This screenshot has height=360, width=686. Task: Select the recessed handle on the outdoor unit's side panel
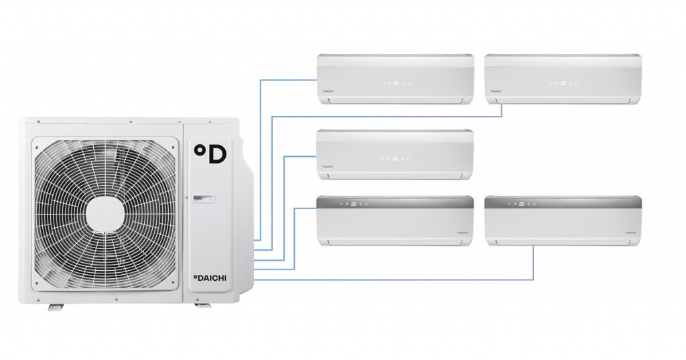(x=203, y=198)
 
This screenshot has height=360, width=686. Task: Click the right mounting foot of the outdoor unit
(x=202, y=306)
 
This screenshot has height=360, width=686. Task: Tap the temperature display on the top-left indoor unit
(x=395, y=83)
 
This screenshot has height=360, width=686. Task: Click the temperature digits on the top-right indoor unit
(x=563, y=83)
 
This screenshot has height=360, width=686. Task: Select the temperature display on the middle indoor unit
(x=395, y=159)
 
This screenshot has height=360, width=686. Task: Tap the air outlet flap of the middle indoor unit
(x=395, y=176)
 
